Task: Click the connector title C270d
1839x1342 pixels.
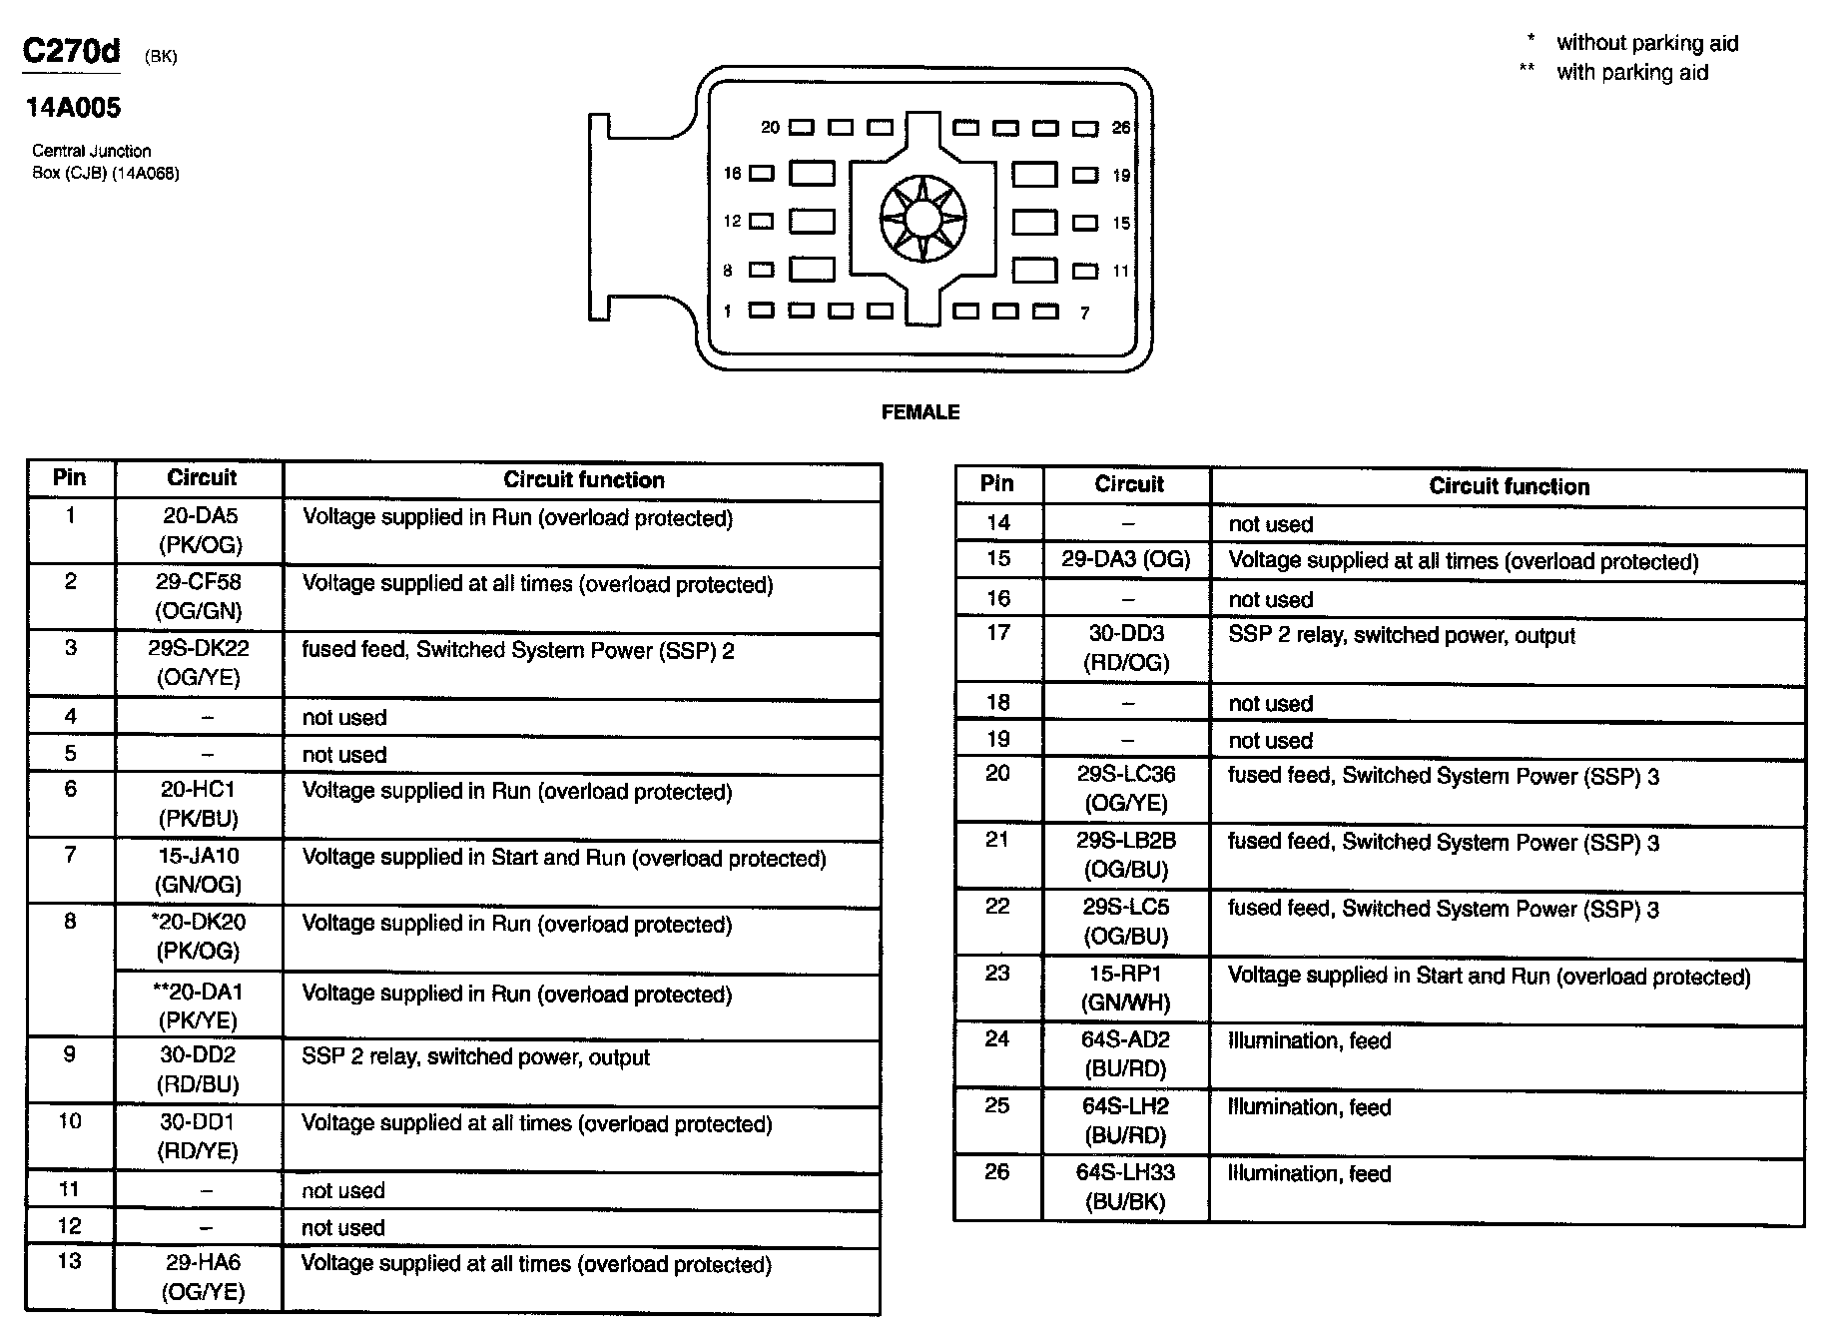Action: [x=71, y=51]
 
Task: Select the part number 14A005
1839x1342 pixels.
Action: [x=73, y=108]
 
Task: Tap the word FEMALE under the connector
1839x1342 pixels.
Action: [x=919, y=412]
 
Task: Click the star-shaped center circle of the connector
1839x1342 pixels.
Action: [x=923, y=218]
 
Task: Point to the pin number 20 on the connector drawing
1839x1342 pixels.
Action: [x=770, y=128]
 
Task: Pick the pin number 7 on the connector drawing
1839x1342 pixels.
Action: [x=1084, y=314]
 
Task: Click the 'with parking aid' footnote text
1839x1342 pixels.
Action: [x=1631, y=73]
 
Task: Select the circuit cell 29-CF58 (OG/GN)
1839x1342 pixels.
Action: [x=199, y=596]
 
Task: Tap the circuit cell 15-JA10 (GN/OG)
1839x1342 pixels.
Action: [x=199, y=870]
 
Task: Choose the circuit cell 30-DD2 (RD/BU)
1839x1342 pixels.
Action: [x=199, y=1069]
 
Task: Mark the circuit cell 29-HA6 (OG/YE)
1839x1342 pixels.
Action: [x=203, y=1277]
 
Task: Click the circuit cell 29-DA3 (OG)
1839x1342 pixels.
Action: [x=1125, y=560]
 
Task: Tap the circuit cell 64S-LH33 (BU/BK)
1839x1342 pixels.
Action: [x=1125, y=1187]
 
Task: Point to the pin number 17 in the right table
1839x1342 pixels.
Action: [x=998, y=633]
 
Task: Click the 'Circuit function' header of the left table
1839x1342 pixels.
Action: [x=583, y=480]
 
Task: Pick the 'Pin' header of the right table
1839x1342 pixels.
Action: [x=996, y=484]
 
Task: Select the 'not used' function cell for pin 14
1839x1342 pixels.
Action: [x=1270, y=525]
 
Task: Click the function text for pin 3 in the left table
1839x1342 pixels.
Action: [x=518, y=651]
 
